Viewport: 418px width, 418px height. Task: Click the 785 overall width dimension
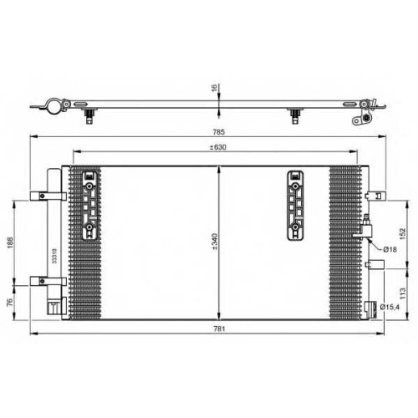click(x=219, y=132)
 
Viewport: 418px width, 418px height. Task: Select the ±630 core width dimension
click(x=218, y=147)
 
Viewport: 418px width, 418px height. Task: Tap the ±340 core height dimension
click(x=215, y=242)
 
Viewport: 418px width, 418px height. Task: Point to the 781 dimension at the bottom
click(x=219, y=329)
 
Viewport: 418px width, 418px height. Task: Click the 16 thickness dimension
click(x=214, y=88)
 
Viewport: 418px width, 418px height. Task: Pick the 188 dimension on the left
click(x=10, y=242)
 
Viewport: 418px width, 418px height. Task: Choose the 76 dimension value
click(x=10, y=302)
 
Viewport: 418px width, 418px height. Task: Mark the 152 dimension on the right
click(x=403, y=233)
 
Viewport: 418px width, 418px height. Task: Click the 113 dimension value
click(x=403, y=293)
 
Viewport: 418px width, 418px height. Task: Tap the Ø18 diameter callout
click(x=390, y=249)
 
